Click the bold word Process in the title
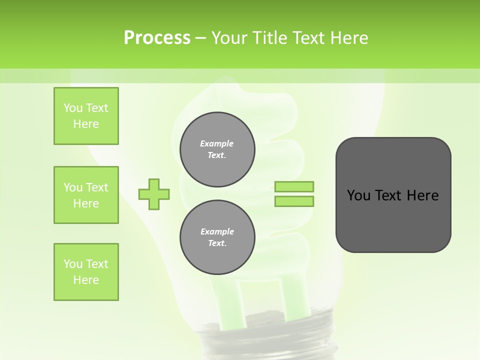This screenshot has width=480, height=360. (x=157, y=38)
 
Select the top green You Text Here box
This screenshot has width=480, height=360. (x=86, y=116)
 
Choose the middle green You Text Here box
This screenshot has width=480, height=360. (x=86, y=195)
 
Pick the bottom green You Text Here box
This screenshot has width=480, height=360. (x=86, y=272)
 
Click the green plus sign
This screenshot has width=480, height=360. (x=154, y=194)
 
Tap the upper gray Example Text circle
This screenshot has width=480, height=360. (x=217, y=149)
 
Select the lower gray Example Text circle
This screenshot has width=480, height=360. (x=217, y=237)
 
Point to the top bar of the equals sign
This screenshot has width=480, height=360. (x=294, y=186)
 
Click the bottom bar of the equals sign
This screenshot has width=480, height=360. (x=294, y=201)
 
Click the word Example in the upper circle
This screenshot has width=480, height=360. (x=217, y=143)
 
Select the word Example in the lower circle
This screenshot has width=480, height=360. (x=217, y=231)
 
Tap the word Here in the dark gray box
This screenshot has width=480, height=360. (x=422, y=195)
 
